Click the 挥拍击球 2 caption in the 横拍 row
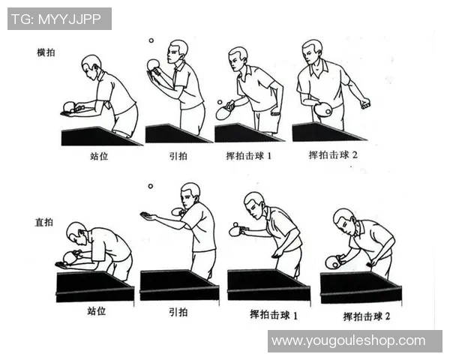tap(334, 155)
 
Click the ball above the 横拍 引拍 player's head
tap(151, 40)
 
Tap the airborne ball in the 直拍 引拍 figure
tap(151, 186)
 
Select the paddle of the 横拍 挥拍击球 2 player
tap(324, 109)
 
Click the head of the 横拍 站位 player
tap(91, 64)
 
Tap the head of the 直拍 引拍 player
tap(190, 193)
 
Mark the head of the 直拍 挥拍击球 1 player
tap(254, 203)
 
